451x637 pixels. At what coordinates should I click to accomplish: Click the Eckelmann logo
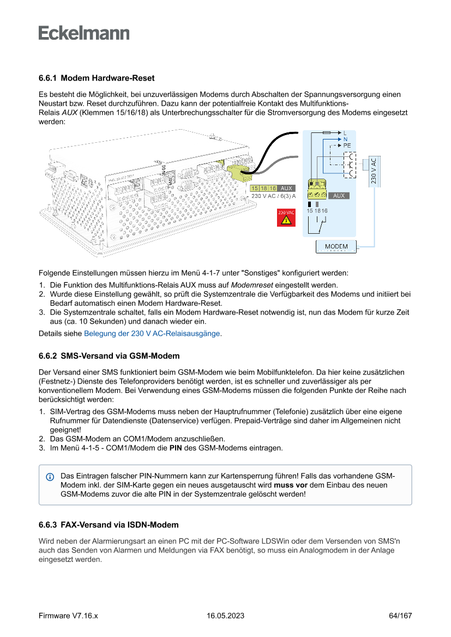click(84, 33)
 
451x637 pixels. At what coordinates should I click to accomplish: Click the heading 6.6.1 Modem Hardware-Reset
click(97, 78)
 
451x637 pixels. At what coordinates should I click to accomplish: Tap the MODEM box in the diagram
click(336, 247)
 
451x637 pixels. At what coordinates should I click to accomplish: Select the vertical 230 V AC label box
click(373, 171)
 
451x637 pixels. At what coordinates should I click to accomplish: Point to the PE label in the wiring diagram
click(347, 145)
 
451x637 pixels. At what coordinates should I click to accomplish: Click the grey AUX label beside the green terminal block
click(339, 196)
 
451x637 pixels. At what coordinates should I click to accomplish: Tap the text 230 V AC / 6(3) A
click(273, 196)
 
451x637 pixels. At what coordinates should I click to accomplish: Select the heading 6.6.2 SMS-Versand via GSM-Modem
click(109, 356)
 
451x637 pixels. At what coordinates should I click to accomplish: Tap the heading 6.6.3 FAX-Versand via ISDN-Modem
click(109, 525)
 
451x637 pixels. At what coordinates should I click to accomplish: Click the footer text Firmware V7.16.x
click(68, 616)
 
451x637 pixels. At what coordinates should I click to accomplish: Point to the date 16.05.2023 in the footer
click(225, 616)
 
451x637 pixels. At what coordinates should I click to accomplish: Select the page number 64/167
click(400, 616)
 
